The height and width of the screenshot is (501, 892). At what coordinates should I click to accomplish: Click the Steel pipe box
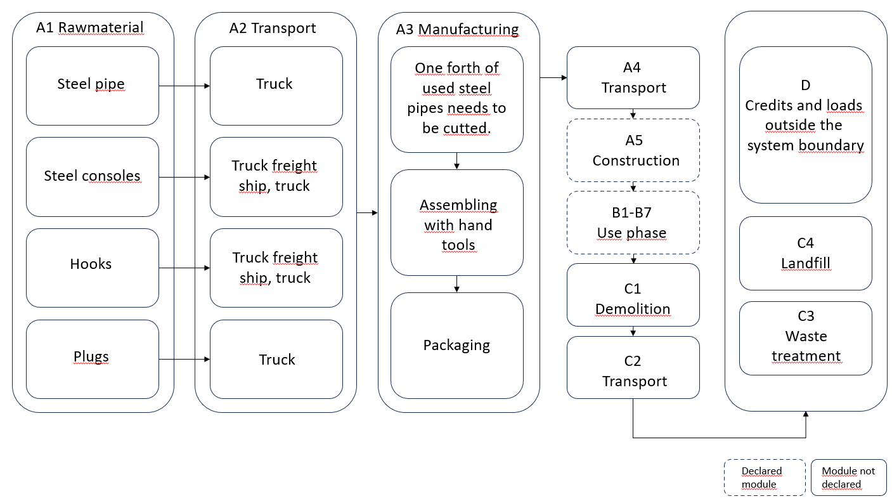[x=92, y=85]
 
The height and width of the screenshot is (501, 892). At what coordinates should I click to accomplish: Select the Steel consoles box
[x=92, y=176]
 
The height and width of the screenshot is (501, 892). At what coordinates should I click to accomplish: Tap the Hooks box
[x=92, y=267]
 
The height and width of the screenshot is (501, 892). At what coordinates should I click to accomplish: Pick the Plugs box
[x=92, y=358]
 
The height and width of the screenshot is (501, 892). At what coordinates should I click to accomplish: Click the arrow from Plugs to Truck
[x=184, y=360]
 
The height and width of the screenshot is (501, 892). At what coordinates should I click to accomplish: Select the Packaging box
[x=456, y=346]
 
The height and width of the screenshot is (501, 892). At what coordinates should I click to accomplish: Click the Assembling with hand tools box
[x=456, y=223]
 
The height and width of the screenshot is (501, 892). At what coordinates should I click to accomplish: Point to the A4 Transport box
[x=633, y=77]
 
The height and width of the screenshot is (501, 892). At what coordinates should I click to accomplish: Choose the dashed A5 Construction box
[x=633, y=150]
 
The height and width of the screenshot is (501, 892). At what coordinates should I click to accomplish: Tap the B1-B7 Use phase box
[x=633, y=223]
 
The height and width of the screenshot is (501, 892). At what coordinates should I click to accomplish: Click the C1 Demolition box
[x=633, y=296]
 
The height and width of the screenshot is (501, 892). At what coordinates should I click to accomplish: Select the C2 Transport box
[x=633, y=368]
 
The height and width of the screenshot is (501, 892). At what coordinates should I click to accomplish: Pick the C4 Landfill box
[x=805, y=253]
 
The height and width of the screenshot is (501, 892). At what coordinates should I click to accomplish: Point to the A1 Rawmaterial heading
[x=90, y=28]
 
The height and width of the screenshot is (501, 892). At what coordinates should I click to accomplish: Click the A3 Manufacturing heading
[x=457, y=29]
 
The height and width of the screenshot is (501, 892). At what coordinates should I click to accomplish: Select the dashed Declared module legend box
[x=765, y=478]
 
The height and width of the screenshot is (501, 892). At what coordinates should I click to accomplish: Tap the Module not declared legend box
[x=848, y=478]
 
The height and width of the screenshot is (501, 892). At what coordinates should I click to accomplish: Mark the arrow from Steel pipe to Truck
[x=184, y=86]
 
